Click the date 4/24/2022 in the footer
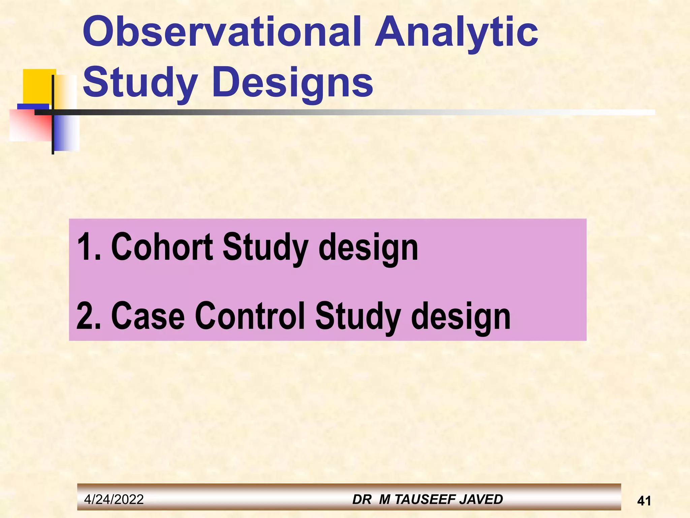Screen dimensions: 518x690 (114, 499)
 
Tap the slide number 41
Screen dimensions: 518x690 (644, 501)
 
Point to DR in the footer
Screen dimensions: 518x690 (362, 499)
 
